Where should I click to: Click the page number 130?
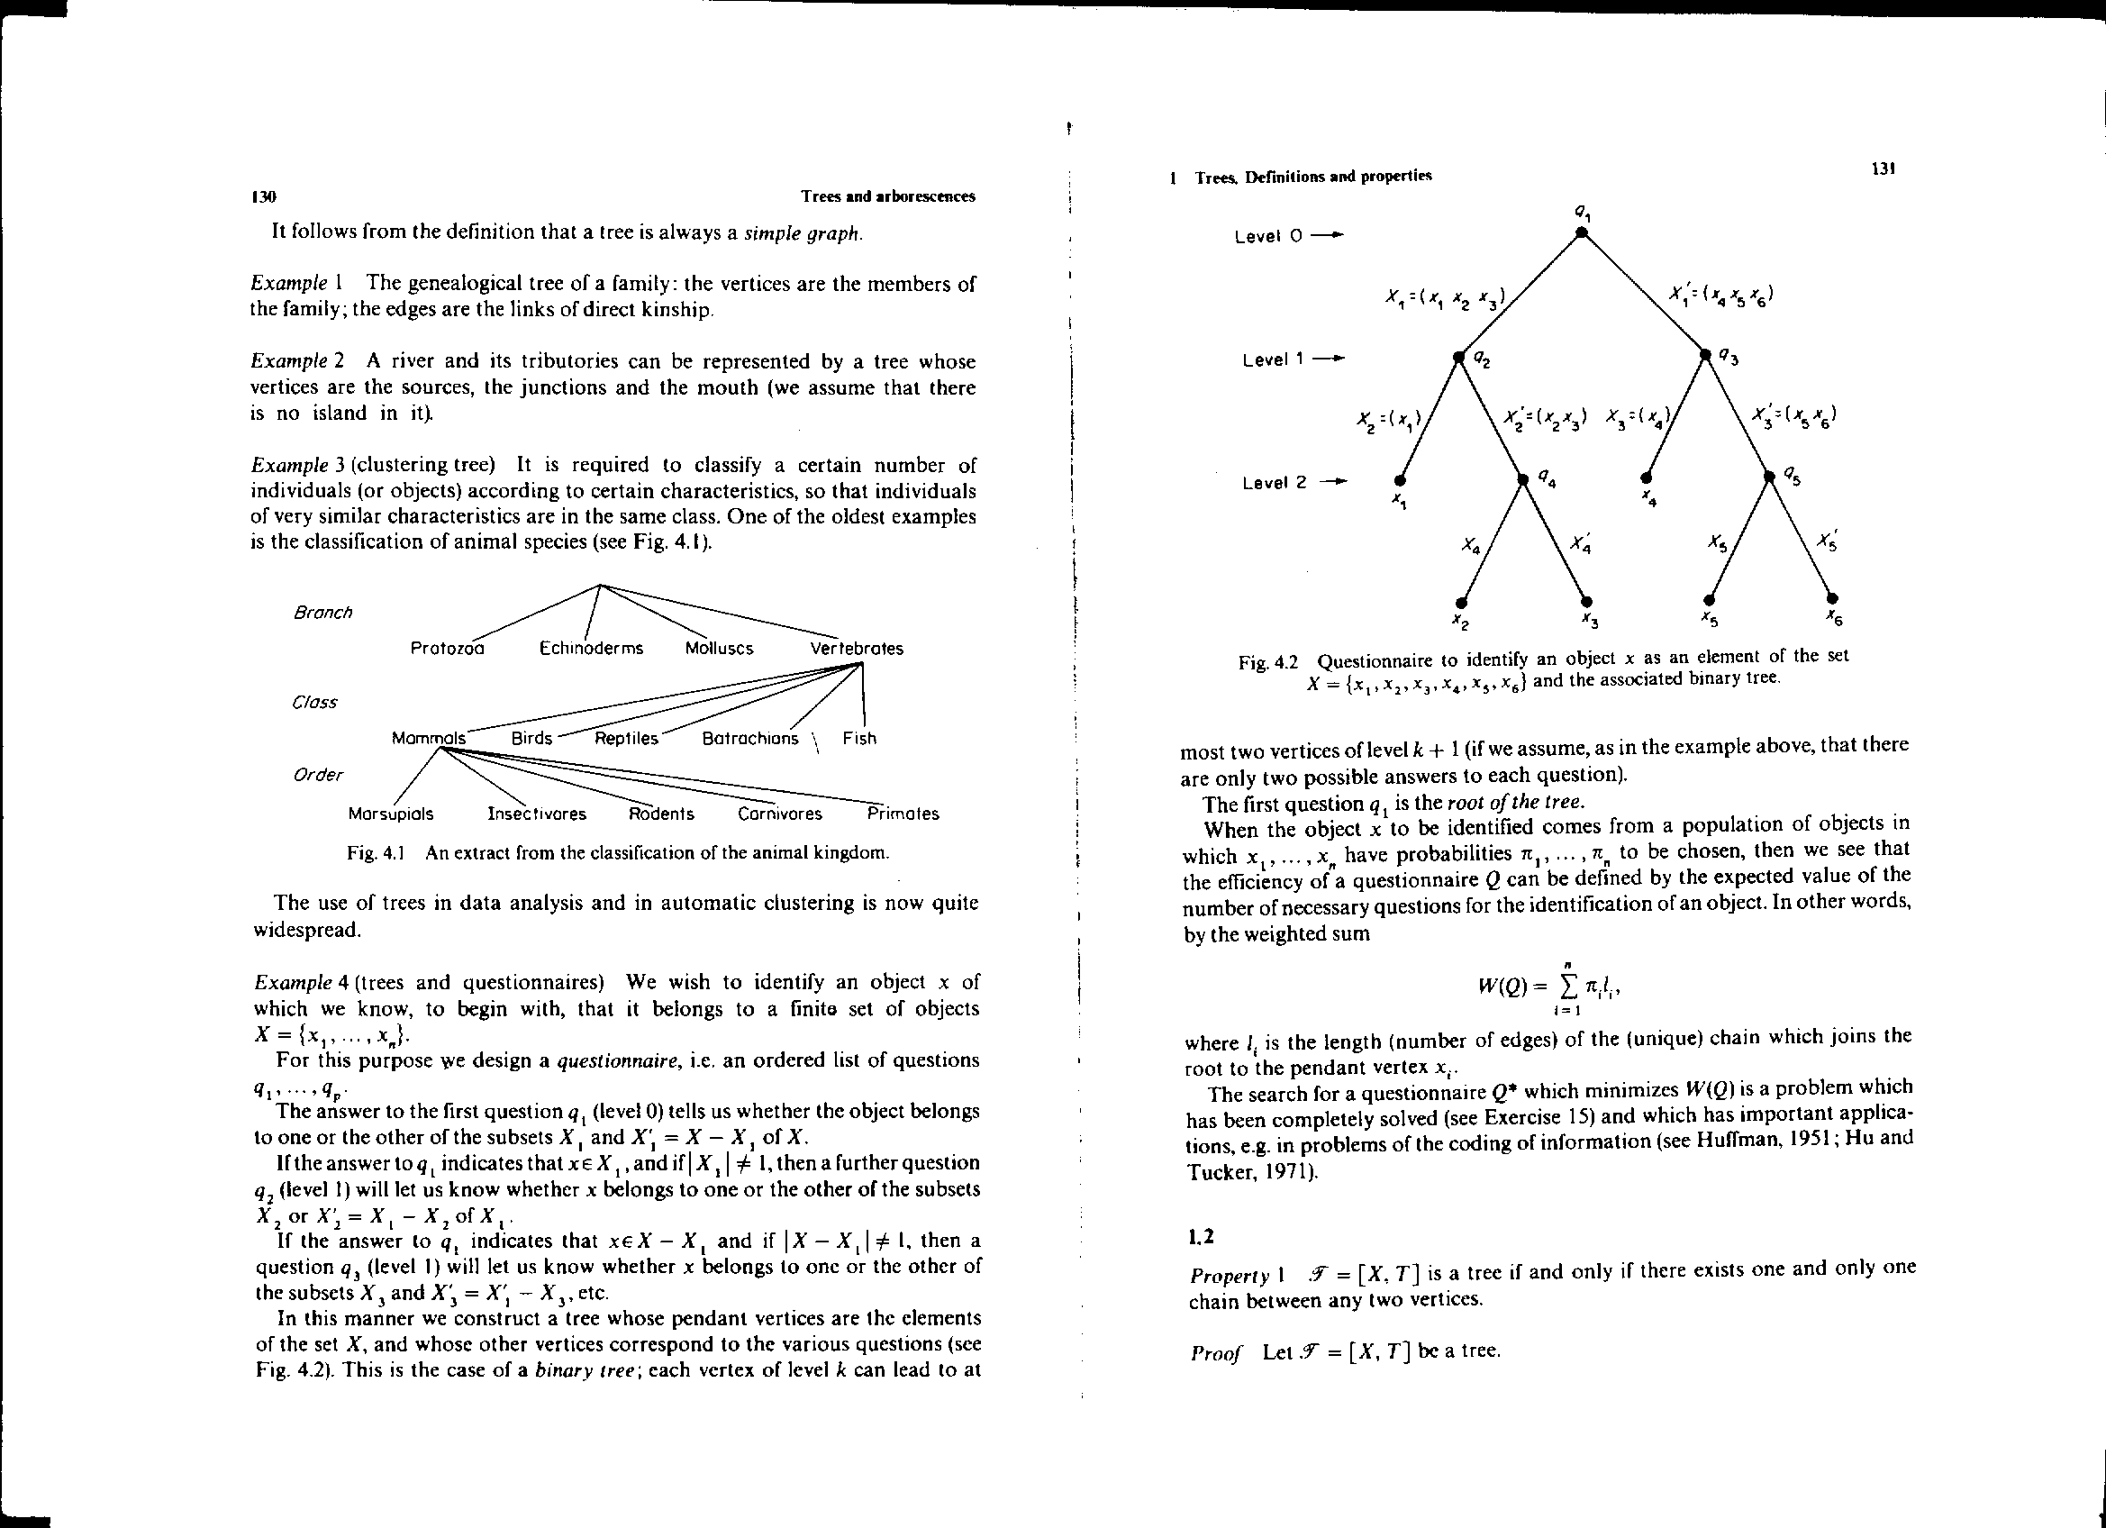click(264, 197)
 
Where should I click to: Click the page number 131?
click(1883, 169)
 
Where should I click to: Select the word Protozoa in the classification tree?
click(447, 649)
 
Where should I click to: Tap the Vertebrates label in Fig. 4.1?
click(856, 649)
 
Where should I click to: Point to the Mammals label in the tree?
click(428, 739)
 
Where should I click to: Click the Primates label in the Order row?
click(903, 814)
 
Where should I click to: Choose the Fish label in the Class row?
click(859, 739)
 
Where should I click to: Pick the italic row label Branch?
click(322, 613)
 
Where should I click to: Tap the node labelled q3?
click(1705, 354)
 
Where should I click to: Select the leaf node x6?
click(1831, 598)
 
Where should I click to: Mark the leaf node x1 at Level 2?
click(1400, 480)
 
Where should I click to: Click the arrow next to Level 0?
click(1330, 236)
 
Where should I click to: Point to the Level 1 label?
click(1273, 359)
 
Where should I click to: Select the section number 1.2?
click(1202, 1237)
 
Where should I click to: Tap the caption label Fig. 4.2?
click(1267, 662)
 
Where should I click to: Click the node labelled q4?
click(1522, 479)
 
